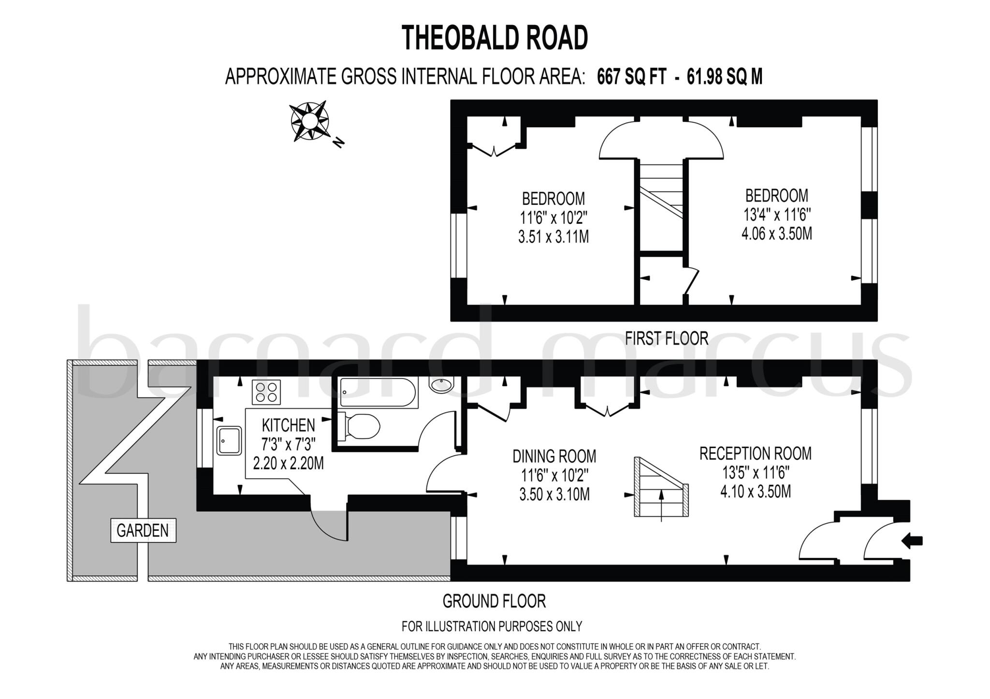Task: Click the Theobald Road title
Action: pyautogui.click(x=495, y=38)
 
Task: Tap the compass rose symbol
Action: pyautogui.click(x=309, y=120)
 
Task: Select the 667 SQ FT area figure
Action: pyautogui.click(x=632, y=77)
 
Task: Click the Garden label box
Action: pyautogui.click(x=143, y=530)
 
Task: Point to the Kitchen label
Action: pyautogui.click(x=288, y=425)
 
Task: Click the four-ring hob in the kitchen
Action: pyautogui.click(x=266, y=392)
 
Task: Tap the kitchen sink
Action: pyautogui.click(x=229, y=440)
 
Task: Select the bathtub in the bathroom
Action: pyautogui.click(x=377, y=393)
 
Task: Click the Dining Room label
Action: pyautogui.click(x=554, y=456)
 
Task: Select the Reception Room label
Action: pyautogui.click(x=755, y=453)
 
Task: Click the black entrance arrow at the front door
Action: pyautogui.click(x=912, y=541)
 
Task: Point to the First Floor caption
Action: pyautogui.click(x=666, y=338)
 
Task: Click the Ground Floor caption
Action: pyautogui.click(x=494, y=601)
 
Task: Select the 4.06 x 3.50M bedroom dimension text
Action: pyautogui.click(x=776, y=234)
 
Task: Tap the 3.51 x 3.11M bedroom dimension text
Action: pyautogui.click(x=553, y=237)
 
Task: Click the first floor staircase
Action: pyautogui.click(x=661, y=203)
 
